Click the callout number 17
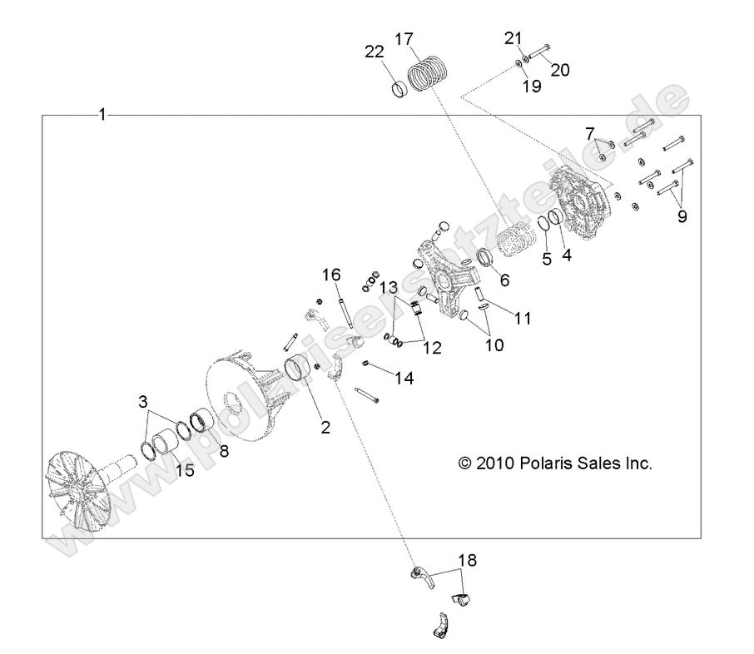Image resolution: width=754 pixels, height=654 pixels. pyautogui.click(x=404, y=39)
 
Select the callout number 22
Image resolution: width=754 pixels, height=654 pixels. pyautogui.click(x=373, y=51)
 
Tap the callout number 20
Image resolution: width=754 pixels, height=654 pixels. pyautogui.click(x=559, y=70)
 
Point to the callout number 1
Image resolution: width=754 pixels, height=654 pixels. pyautogui.click(x=102, y=115)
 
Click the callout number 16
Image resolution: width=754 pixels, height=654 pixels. pyautogui.click(x=331, y=275)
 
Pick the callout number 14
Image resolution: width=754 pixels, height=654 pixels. pyautogui.click(x=404, y=378)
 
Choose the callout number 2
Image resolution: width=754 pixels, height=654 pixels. pyautogui.click(x=325, y=428)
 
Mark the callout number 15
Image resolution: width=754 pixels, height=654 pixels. pyautogui.click(x=184, y=470)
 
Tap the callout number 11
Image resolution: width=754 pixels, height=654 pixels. pyautogui.click(x=523, y=317)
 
